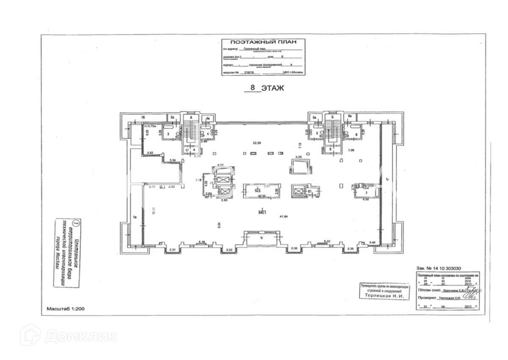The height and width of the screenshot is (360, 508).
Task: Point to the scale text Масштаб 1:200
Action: pos(66,309)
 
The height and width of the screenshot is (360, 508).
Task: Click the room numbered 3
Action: pos(168,134)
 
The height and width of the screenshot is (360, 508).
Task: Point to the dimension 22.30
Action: pos(255,143)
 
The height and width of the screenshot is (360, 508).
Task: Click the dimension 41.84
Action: pos(283,217)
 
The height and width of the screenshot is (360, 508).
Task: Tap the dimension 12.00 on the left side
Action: pos(143,210)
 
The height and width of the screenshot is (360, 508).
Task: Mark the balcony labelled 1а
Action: pos(135,217)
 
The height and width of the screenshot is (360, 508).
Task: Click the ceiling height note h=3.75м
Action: pos(150,126)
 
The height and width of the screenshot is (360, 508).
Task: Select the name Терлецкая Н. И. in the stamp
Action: pos(384,296)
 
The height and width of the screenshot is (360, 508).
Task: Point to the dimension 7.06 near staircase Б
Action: pos(351,150)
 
